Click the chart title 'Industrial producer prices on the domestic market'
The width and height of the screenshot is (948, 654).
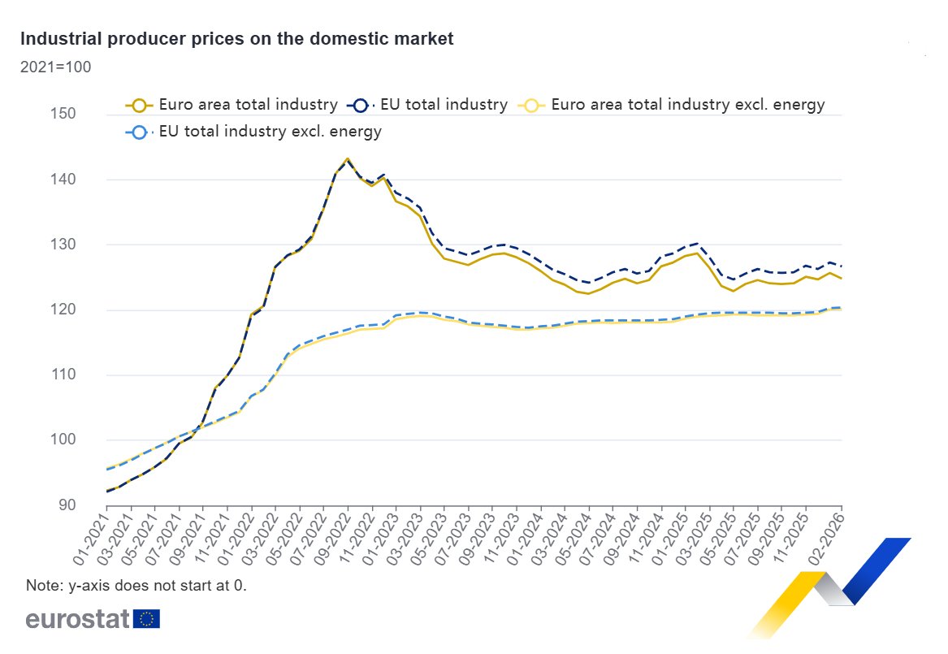coord(236,39)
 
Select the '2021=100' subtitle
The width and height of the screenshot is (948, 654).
coord(55,67)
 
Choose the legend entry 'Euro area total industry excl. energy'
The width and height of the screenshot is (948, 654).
coord(673,105)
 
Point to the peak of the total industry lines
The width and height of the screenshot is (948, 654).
coord(348,158)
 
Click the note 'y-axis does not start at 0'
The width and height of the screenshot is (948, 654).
coord(136,585)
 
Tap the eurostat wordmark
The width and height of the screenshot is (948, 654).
coord(77,619)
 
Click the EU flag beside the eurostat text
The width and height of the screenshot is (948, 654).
coord(147,619)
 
